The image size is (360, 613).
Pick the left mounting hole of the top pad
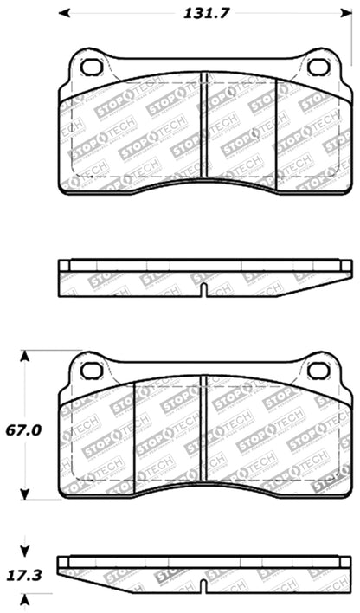[x=91, y=68]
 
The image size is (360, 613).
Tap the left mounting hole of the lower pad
[x=91, y=371]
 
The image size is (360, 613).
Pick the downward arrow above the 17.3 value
[x=24, y=547]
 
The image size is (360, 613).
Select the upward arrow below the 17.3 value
[x=24, y=599]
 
